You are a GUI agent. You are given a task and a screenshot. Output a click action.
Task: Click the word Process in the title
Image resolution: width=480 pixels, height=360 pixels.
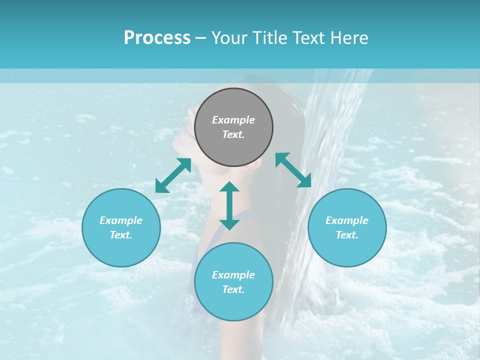(x=157, y=38)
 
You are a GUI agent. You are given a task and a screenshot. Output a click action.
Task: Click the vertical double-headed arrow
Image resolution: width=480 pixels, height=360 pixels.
(x=229, y=205)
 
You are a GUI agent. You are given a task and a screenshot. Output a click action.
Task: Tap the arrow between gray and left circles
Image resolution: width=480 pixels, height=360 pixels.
(x=173, y=175)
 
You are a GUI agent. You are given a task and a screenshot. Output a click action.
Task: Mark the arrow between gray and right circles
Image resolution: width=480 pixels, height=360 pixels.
(x=293, y=170)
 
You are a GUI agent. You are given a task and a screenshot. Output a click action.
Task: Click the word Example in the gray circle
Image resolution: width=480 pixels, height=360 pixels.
(x=233, y=120)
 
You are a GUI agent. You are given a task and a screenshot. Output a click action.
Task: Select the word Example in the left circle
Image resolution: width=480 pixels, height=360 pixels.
(x=121, y=220)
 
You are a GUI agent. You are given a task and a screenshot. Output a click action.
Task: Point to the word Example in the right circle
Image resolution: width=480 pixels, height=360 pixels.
(x=347, y=220)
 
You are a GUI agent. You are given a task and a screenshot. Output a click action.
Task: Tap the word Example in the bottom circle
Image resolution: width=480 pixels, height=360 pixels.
(x=233, y=275)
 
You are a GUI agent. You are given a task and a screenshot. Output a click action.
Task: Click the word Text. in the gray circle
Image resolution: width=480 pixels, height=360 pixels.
(x=233, y=134)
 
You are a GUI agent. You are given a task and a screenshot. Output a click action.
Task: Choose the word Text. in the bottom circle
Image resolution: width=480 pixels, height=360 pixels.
(x=233, y=289)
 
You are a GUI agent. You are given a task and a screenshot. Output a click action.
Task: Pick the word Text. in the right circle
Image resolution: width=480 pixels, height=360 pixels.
(x=347, y=235)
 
